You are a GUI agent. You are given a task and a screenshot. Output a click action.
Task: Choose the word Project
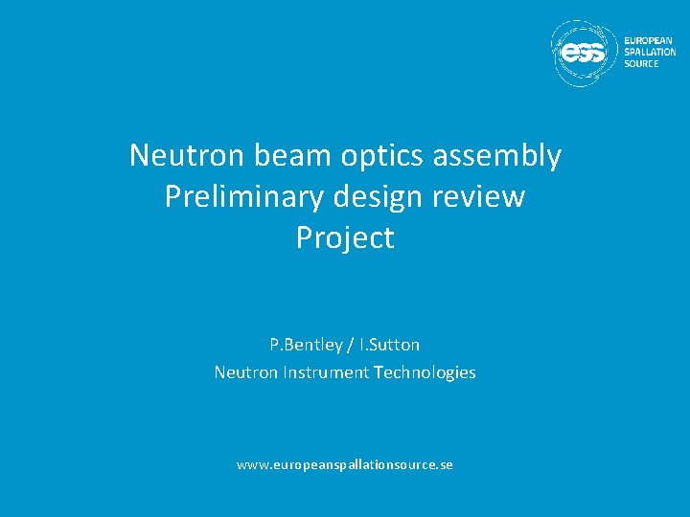345,237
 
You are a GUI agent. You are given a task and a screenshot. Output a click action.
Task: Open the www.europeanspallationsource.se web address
345,464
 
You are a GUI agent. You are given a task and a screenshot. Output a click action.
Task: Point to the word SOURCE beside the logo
642,63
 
